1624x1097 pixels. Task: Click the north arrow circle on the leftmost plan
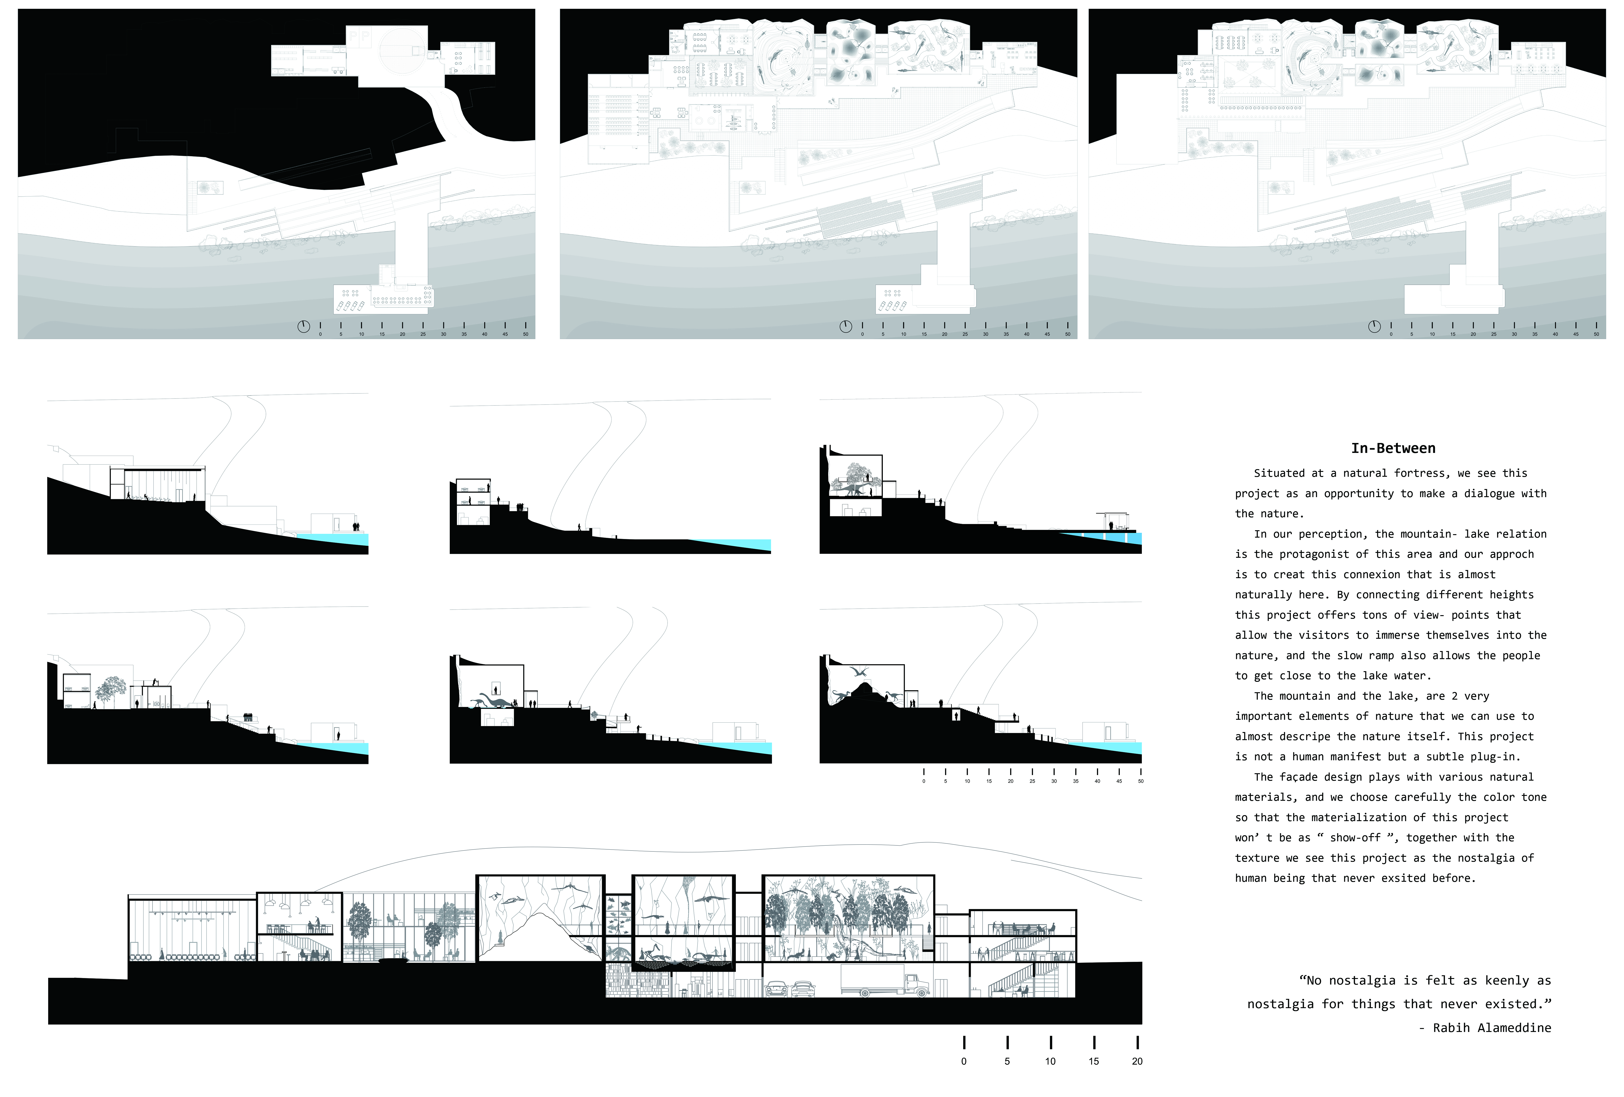point(303,326)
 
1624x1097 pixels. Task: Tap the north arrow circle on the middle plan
point(846,326)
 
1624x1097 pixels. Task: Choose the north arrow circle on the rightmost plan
point(1374,326)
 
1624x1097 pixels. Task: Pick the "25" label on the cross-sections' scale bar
point(1032,781)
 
